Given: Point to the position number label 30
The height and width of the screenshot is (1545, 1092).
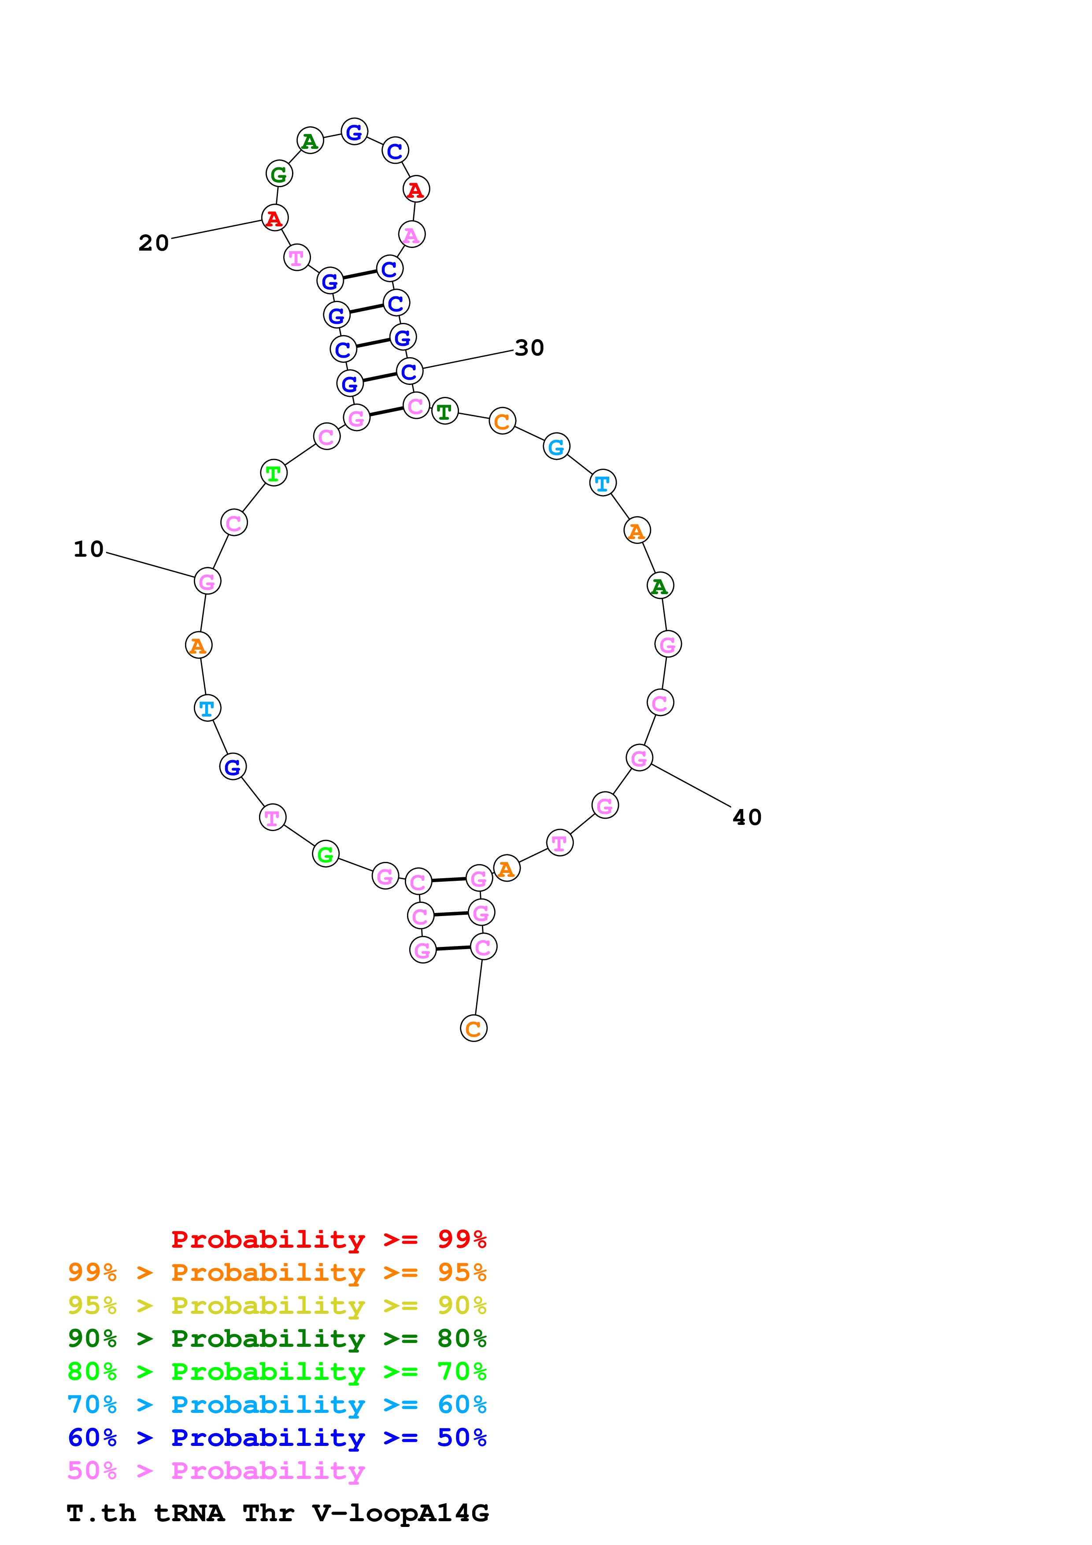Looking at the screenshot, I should (529, 348).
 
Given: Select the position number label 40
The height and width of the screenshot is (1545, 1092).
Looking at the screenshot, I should (747, 817).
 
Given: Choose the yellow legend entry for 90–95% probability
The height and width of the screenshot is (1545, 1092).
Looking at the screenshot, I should (277, 1305).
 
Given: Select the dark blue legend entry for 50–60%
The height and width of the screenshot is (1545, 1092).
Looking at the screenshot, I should (277, 1438).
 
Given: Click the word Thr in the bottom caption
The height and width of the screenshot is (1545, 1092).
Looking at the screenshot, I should (268, 1513).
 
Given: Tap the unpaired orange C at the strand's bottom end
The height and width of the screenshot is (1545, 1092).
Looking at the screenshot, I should (474, 1028).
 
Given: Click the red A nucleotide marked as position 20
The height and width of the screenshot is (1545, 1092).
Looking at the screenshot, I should (274, 218).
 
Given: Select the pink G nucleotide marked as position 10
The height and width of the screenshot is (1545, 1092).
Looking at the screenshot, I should (207, 581).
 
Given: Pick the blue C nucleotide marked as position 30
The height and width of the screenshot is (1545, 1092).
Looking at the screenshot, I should (409, 371).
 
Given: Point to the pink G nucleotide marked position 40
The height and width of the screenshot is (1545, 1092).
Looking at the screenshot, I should (639, 758).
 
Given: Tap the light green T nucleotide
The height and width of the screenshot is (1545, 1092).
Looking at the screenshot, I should (273, 473).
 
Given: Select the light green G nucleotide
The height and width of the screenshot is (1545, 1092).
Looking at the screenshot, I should (326, 854).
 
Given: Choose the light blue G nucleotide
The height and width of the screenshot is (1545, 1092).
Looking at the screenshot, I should (556, 446).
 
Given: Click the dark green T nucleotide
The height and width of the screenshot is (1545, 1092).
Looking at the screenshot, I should (444, 411).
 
